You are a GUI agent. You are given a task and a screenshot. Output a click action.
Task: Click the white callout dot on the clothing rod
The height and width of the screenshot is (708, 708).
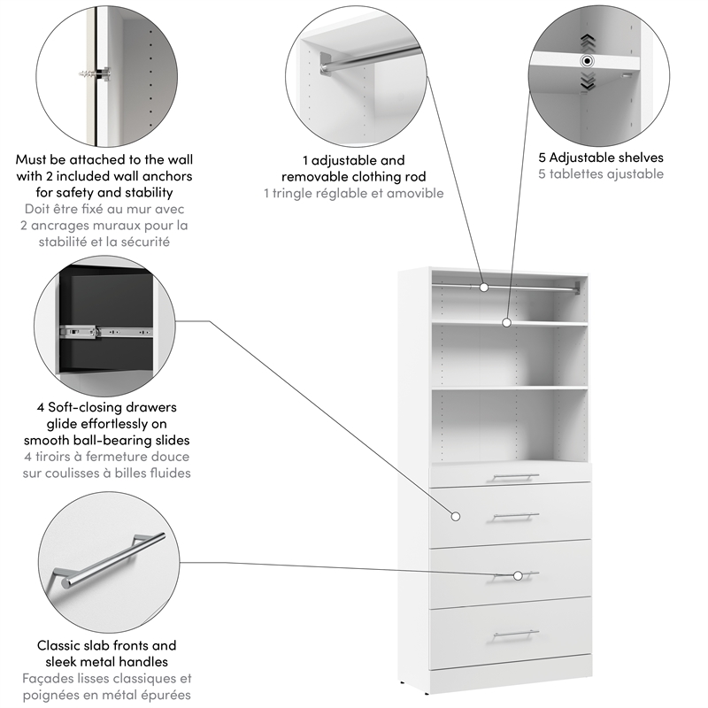pos(484,287)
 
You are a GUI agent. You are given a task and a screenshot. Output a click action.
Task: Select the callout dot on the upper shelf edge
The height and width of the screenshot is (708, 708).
pos(507,323)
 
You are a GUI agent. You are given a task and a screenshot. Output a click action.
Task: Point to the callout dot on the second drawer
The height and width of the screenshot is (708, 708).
pos(457,516)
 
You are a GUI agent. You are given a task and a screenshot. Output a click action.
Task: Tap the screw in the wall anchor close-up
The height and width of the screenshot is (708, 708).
pos(94,71)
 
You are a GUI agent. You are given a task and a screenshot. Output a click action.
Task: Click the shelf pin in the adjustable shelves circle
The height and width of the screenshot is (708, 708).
pos(586,61)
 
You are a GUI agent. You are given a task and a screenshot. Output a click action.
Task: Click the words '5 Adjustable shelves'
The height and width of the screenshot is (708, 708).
pos(601,158)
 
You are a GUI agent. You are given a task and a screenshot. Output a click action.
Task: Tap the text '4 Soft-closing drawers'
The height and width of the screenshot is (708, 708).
pos(106,407)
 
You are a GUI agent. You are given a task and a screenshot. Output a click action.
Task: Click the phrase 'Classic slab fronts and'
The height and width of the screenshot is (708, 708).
pos(106,645)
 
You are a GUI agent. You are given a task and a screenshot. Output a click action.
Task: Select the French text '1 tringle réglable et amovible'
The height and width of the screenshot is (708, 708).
pos(353,193)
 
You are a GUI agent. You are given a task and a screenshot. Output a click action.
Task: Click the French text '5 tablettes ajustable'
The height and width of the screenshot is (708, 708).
pos(601,174)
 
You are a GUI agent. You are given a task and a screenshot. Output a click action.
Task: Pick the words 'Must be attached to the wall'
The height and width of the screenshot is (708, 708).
pos(104,160)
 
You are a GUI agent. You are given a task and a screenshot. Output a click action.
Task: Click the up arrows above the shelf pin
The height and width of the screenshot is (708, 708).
pos(586,42)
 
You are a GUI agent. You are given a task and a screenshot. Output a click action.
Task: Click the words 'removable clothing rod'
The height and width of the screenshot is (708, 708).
pos(353,176)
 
